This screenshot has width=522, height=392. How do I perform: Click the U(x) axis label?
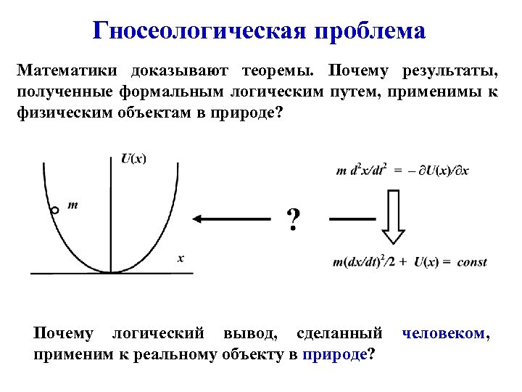click(x=132, y=159)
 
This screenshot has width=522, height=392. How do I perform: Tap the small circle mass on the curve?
click(x=54, y=211)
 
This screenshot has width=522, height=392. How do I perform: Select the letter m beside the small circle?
click(x=73, y=205)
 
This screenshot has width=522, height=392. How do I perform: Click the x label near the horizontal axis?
click(x=181, y=257)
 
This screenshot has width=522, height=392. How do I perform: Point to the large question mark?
click(x=293, y=219)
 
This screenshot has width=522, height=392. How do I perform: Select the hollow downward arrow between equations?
click(x=393, y=216)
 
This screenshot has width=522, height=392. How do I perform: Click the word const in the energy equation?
click(x=472, y=262)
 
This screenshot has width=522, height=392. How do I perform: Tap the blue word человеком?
click(x=443, y=334)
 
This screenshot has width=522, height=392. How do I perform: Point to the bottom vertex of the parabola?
click(x=110, y=271)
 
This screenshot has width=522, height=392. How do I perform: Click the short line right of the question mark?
click(x=352, y=219)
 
